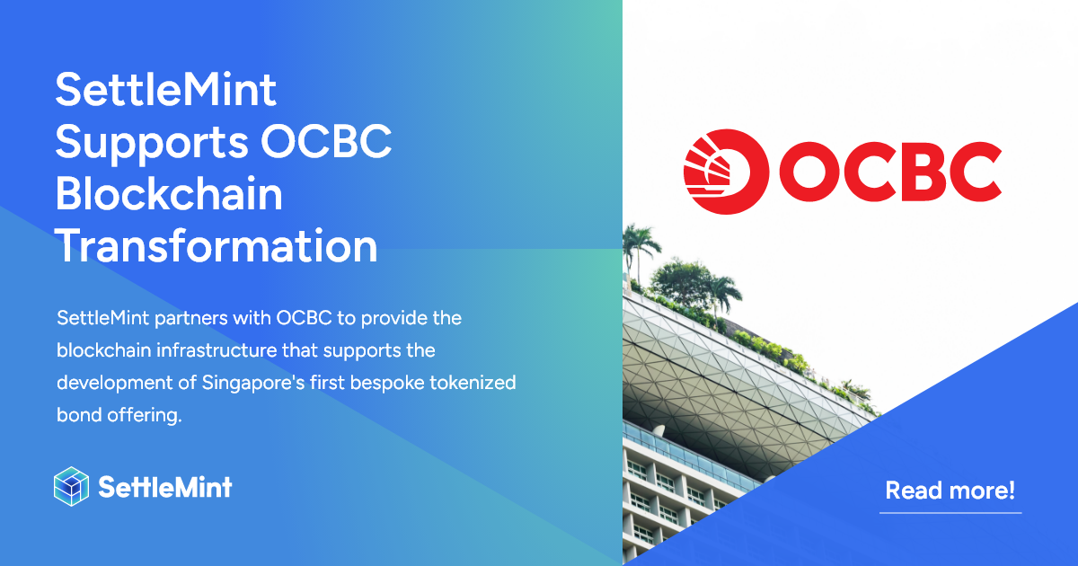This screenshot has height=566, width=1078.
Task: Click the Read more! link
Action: point(950,491)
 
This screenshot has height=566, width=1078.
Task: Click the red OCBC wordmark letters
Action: point(889,170)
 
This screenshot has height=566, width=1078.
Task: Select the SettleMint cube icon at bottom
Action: point(72,487)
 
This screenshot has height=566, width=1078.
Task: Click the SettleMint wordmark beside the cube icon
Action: point(164,487)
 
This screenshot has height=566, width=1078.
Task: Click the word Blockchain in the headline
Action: point(169,195)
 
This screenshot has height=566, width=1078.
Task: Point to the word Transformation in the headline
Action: point(216,245)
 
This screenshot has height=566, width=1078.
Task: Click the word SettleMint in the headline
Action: point(166,92)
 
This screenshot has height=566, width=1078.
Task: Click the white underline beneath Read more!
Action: point(950,512)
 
